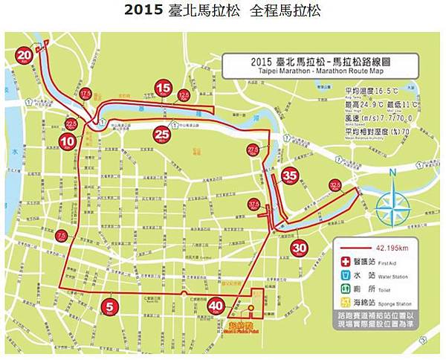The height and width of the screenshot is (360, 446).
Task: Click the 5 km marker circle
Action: click(111, 305)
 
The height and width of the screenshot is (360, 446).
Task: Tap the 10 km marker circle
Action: click(68, 140)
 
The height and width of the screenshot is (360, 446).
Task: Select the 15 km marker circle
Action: click(164, 88)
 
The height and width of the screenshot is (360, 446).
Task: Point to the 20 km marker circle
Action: click(25, 54)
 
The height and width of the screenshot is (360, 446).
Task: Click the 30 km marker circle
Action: click(299, 248)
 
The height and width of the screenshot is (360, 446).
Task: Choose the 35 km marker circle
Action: click(290, 176)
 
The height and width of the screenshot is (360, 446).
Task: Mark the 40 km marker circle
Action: click(216, 305)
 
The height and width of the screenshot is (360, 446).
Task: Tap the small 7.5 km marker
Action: click(62, 236)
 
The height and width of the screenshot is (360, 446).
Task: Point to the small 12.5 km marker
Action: click(184, 95)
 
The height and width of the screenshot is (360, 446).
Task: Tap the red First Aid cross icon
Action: click(344, 262)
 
